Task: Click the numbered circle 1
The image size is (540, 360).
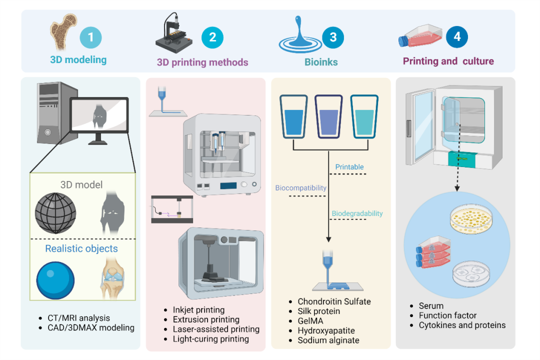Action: pos(90,37)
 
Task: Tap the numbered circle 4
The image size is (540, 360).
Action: pos(456,36)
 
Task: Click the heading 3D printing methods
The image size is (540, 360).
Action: pos(202,62)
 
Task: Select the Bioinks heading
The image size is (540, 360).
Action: pos(321,62)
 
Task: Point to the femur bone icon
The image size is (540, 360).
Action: pos(62,31)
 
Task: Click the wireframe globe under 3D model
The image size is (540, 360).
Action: pos(55,213)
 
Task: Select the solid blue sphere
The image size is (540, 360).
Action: pos(55,280)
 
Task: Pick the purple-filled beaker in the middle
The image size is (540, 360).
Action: pos(328,116)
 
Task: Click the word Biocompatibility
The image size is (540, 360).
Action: pos(300,188)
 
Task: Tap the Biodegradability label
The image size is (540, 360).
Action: pos(357,213)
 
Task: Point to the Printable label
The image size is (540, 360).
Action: pos(349,166)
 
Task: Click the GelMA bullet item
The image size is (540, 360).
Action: pos(310,320)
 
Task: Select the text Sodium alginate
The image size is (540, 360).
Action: pos(328,340)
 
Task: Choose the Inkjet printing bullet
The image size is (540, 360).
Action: pos(198,310)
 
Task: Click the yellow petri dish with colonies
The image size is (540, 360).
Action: pos(471,220)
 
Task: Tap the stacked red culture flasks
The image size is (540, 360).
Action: pos(433,252)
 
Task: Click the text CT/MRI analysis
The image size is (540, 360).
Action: pos(79,318)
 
